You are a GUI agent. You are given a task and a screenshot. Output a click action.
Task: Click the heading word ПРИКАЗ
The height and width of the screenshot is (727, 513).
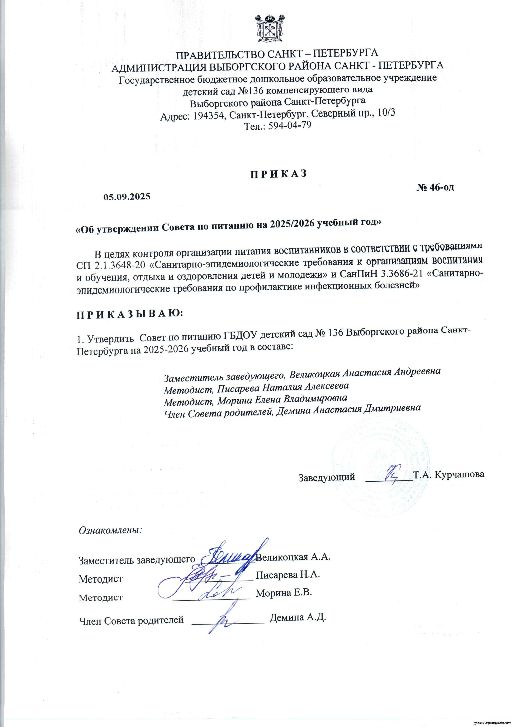pos(279,174)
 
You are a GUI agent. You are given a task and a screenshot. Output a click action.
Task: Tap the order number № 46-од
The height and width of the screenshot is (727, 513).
pos(435,187)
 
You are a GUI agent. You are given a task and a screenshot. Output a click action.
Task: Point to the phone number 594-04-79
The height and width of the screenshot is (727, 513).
pos(290,125)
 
